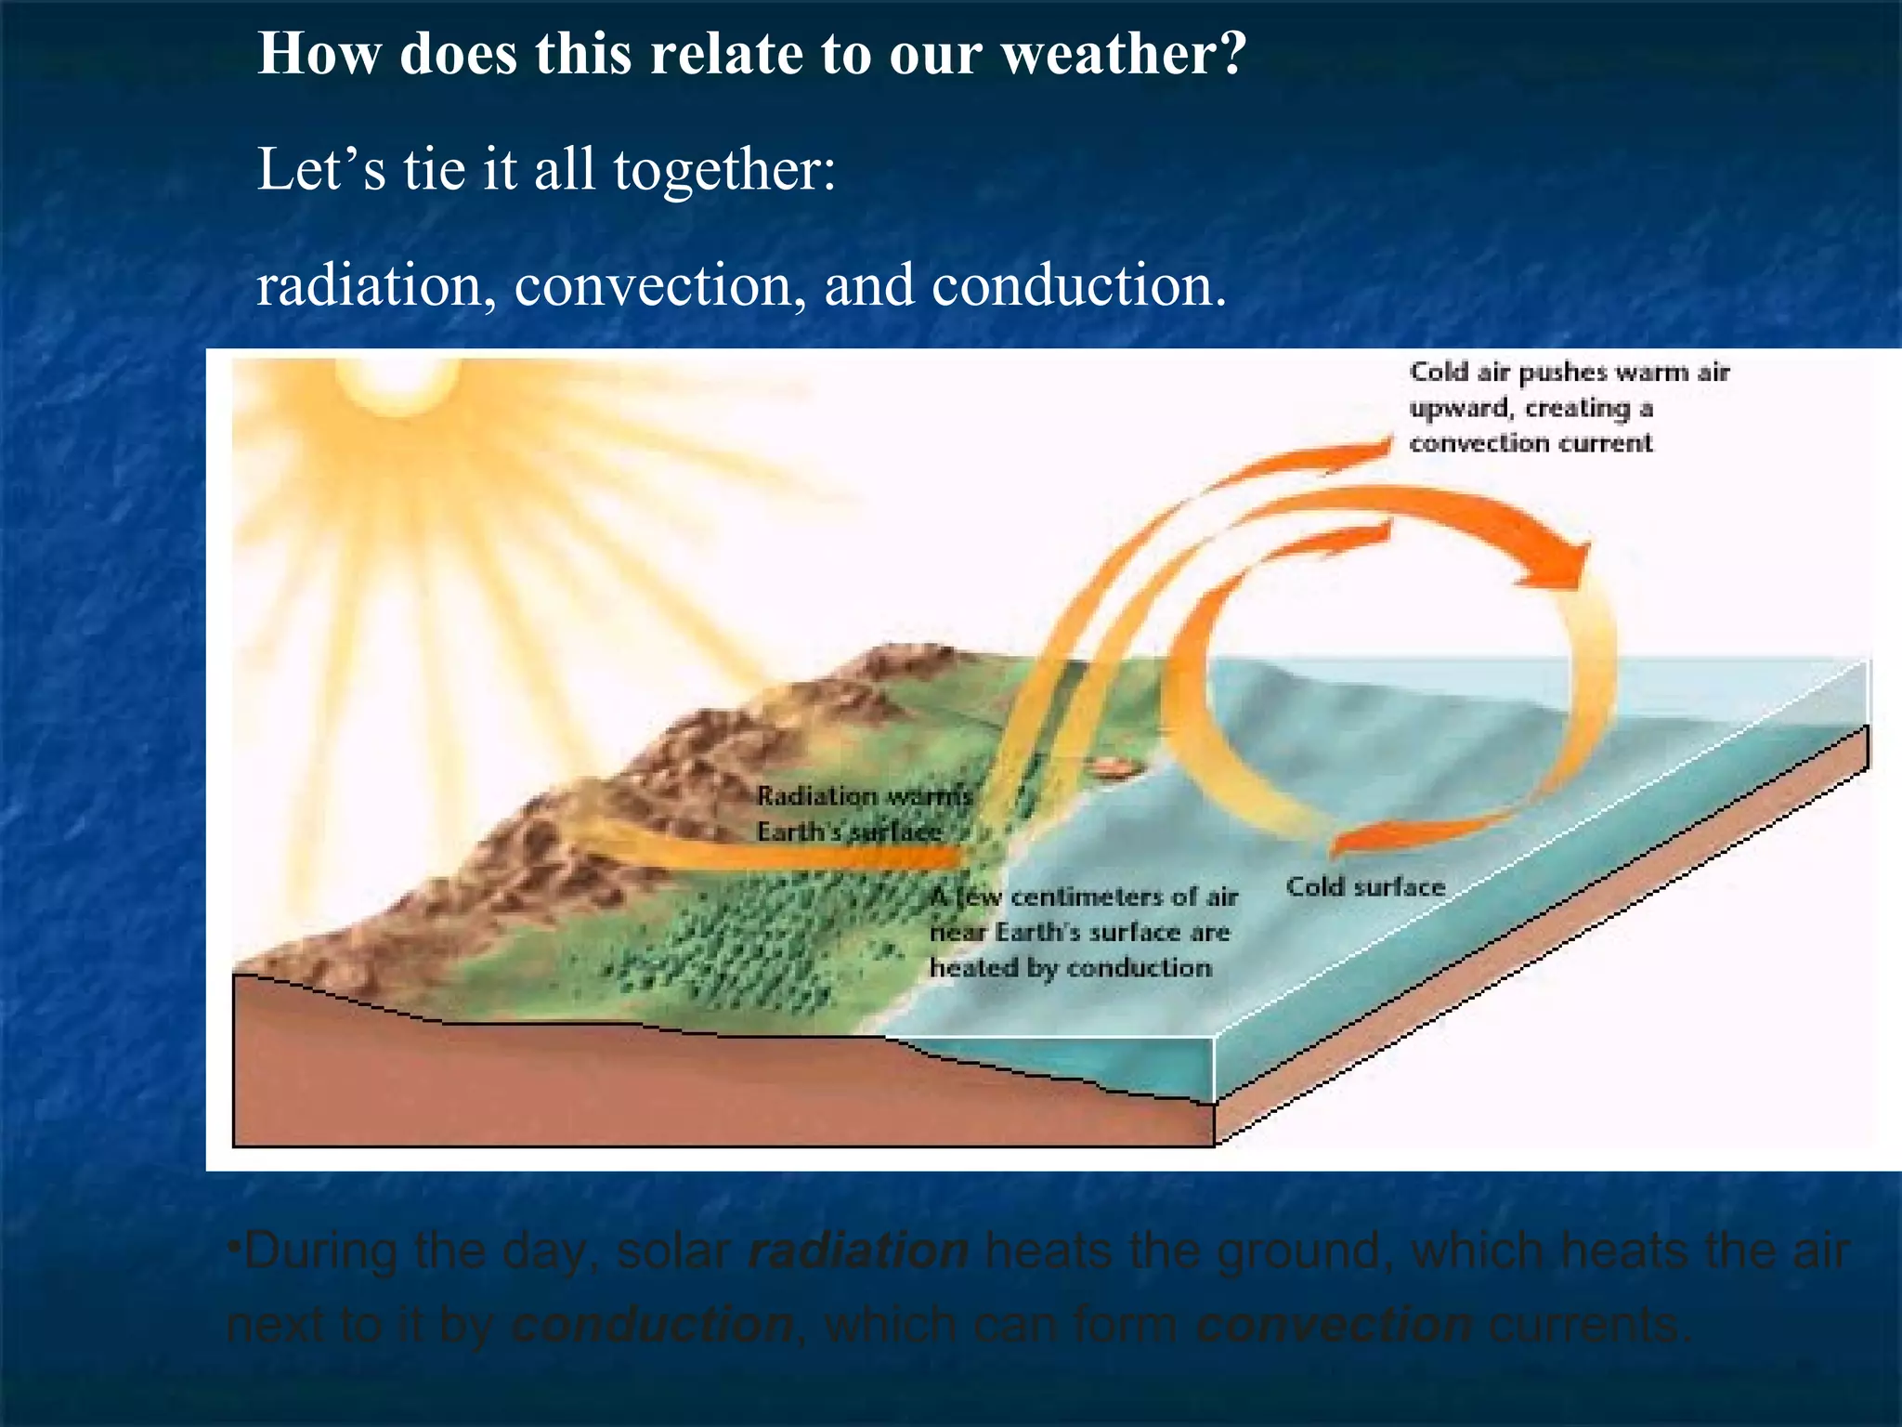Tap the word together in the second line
pos(724,170)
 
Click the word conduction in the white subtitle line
pos(1077,285)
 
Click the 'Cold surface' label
pos(1365,887)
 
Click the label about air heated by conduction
pos(1082,932)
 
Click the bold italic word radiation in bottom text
pos(858,1250)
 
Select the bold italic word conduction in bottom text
pos(653,1324)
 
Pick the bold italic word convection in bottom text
pos(1334,1324)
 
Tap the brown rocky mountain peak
pos(892,664)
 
